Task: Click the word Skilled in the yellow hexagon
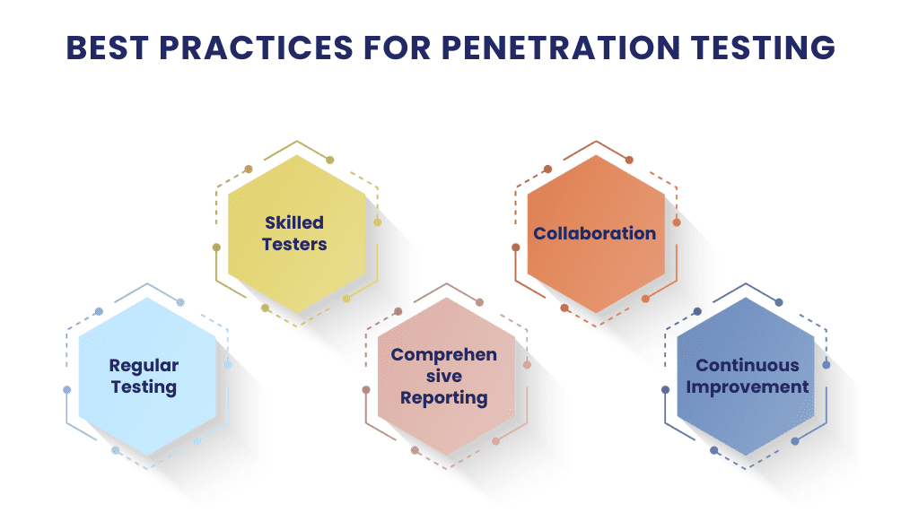coord(293,222)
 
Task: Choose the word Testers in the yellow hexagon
coord(294,244)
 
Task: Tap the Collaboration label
coord(595,233)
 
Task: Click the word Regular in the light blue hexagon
coord(144,365)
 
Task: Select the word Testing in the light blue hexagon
coord(144,387)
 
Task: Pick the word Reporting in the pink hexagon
coord(444,397)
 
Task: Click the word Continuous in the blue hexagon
coord(748,365)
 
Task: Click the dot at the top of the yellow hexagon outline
coord(330,160)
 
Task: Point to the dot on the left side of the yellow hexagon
coord(216,247)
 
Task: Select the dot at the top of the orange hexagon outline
coord(629,160)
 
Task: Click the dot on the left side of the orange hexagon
coord(516,247)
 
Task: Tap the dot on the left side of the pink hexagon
coord(366,389)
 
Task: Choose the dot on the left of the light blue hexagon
coord(67,389)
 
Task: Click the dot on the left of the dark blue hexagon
coord(665,389)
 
